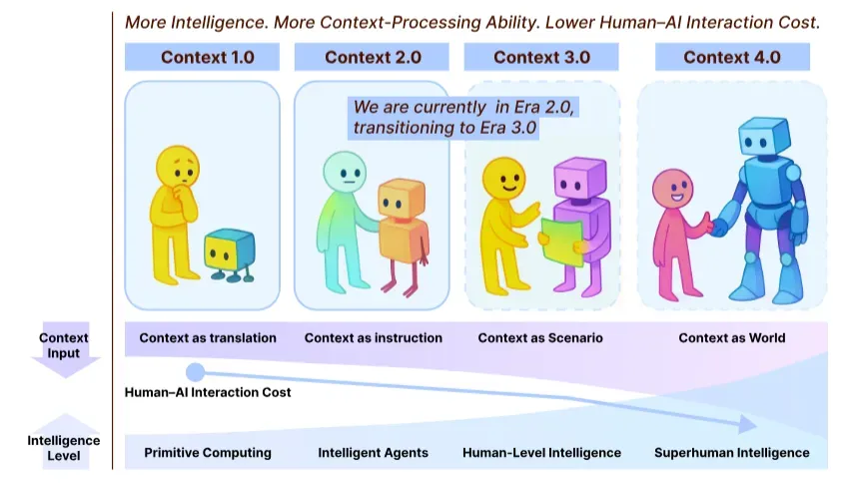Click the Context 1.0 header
pyautogui.click(x=202, y=57)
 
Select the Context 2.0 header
pyautogui.click(x=372, y=57)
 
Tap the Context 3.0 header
pyautogui.click(x=541, y=57)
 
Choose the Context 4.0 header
pyautogui.click(x=732, y=57)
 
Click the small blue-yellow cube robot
pyautogui.click(x=230, y=254)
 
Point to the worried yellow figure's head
pyautogui.click(x=178, y=167)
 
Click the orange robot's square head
pyautogui.click(x=402, y=199)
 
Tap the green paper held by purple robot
pyautogui.click(x=561, y=242)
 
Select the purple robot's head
pyautogui.click(x=579, y=179)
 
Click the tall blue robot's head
pyautogui.click(x=764, y=137)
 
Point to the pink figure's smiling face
pyautogui.click(x=672, y=188)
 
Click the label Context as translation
pyautogui.click(x=208, y=337)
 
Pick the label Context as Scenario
pyautogui.click(x=540, y=337)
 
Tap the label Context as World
pyautogui.click(x=732, y=337)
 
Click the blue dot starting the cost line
pyautogui.click(x=195, y=372)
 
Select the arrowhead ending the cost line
pyautogui.click(x=748, y=424)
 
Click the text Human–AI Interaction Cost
pyautogui.click(x=208, y=392)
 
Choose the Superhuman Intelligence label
pyautogui.click(x=732, y=453)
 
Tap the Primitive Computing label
pyautogui.click(x=208, y=453)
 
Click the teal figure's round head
pyautogui.click(x=345, y=172)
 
